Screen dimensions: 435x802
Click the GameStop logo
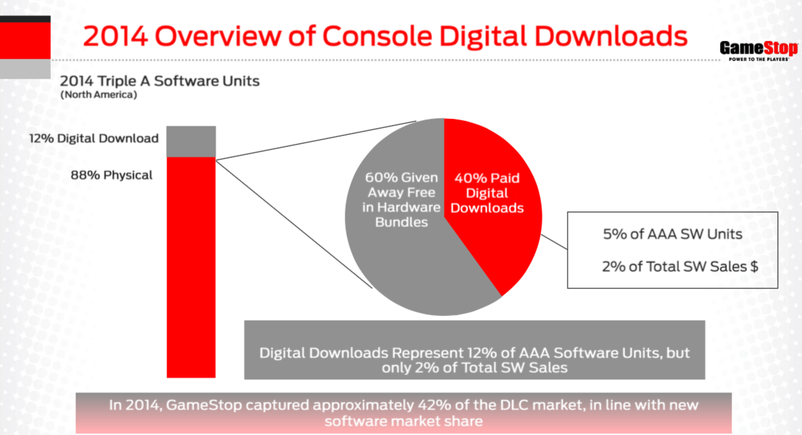[759, 50]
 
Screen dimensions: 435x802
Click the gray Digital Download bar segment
[191, 141]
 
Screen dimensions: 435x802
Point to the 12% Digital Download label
[93, 138]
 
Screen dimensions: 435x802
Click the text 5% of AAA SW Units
[672, 234]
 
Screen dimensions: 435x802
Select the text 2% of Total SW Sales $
[680, 266]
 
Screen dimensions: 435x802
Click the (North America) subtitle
[98, 95]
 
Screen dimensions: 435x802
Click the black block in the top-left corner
[25, 19]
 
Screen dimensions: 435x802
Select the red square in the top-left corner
[25, 41]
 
